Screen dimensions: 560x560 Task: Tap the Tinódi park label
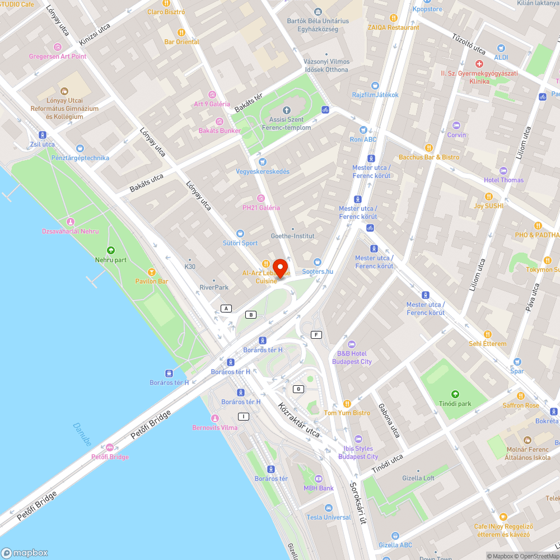pyautogui.click(x=454, y=403)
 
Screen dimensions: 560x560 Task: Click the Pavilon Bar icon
pyautogui.click(x=151, y=272)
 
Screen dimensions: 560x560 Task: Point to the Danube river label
pyautogui.click(x=82, y=434)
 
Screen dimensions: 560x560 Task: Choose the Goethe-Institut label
pyautogui.click(x=292, y=236)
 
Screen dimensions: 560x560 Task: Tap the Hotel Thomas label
pyautogui.click(x=503, y=180)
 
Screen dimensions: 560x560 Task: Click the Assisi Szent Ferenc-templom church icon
pyautogui.click(x=287, y=110)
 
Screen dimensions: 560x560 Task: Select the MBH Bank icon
pyautogui.click(x=319, y=479)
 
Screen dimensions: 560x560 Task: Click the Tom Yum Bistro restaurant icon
pyautogui.click(x=347, y=404)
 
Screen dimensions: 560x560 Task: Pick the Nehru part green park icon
pyautogui.click(x=110, y=250)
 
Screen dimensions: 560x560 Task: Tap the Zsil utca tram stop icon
pyautogui.click(x=43, y=135)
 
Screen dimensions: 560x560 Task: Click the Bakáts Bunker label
pyautogui.click(x=220, y=130)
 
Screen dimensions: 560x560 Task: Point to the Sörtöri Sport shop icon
pyautogui.click(x=240, y=234)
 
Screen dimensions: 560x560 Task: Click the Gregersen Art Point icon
pyautogui.click(x=58, y=47)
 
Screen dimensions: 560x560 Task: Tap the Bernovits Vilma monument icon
pyautogui.click(x=214, y=418)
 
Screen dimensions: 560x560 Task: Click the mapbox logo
pyautogui.click(x=25, y=552)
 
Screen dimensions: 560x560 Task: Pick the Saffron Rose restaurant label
pyautogui.click(x=520, y=405)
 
